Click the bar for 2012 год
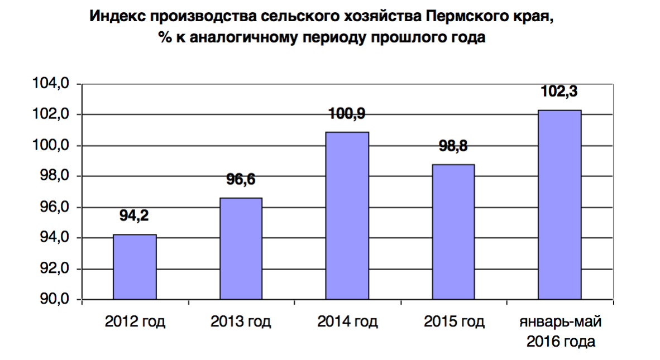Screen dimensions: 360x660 pyautogui.click(x=135, y=267)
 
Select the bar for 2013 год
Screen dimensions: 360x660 pyautogui.click(x=241, y=249)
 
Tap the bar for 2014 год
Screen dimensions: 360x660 pyautogui.click(x=347, y=216)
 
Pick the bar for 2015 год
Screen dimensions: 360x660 pyautogui.click(x=453, y=232)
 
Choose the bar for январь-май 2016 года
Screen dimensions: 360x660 pyautogui.click(x=560, y=205)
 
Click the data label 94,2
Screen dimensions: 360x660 pyautogui.click(x=135, y=215)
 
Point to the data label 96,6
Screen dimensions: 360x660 pyautogui.click(x=241, y=179)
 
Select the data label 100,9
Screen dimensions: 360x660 pyautogui.click(x=347, y=113)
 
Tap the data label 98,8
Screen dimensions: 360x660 pyautogui.click(x=453, y=147)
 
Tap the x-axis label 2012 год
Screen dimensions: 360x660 pyautogui.click(x=135, y=322)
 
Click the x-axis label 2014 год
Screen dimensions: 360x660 pyautogui.click(x=347, y=322)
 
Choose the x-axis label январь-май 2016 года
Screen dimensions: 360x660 pyautogui.click(x=561, y=332)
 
